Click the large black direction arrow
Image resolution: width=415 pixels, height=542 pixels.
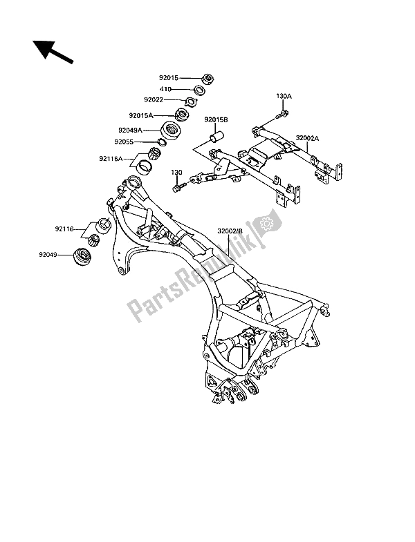tap(53, 52)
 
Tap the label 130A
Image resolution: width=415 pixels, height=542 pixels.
tap(286, 97)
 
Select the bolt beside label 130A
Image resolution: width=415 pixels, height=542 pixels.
tap(284, 112)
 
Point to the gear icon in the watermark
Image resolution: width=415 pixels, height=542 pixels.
tap(264, 224)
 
